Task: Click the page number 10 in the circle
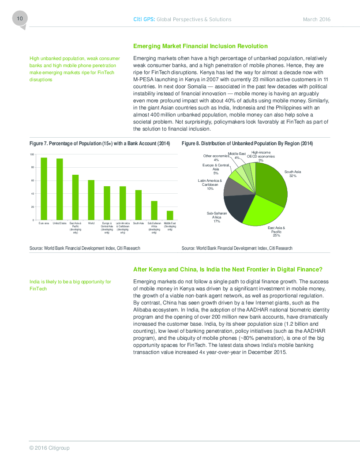click(x=19, y=19)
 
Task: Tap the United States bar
click(x=60, y=189)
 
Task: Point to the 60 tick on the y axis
click(x=32, y=180)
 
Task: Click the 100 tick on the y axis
click(x=32, y=154)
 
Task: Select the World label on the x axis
click(x=91, y=224)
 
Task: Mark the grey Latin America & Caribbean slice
click(x=232, y=187)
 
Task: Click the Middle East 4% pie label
click(x=237, y=155)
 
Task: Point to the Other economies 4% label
click(x=216, y=158)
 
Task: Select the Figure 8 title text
click(x=247, y=143)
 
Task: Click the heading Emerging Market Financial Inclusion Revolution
click(x=200, y=46)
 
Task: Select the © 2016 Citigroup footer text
click(x=49, y=448)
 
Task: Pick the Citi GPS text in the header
click(x=144, y=19)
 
